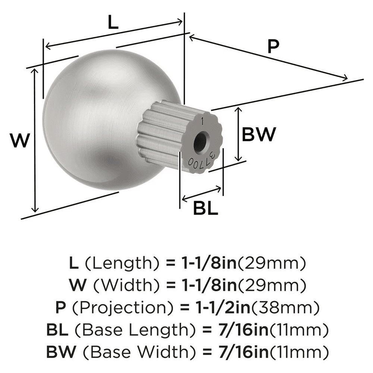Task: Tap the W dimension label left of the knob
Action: (x=19, y=141)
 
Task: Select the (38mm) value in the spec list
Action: (x=286, y=308)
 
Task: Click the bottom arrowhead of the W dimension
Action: (x=35, y=209)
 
